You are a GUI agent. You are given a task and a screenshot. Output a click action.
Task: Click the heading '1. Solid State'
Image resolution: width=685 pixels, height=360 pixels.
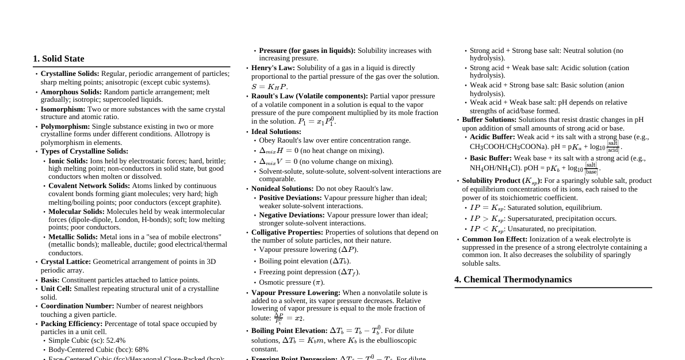(x=59, y=59)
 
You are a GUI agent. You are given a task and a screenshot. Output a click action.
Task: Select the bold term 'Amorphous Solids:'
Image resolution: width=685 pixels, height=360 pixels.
(x=71, y=92)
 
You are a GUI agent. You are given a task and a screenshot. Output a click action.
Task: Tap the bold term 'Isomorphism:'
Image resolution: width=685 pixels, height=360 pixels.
(x=63, y=109)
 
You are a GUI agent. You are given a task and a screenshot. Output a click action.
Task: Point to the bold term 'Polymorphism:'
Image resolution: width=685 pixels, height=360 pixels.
(x=65, y=127)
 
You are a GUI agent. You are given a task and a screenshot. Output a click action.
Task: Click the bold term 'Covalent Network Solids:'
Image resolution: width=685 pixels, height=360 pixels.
(x=89, y=186)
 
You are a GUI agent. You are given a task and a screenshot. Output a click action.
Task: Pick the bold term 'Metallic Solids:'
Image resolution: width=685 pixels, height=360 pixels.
(x=73, y=237)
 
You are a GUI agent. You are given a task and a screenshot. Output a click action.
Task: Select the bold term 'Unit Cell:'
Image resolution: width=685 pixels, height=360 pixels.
(x=56, y=289)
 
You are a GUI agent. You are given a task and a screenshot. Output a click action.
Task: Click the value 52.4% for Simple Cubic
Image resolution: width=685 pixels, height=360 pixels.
(x=115, y=340)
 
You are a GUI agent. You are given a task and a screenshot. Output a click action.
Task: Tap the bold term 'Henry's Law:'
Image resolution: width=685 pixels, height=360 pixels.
(x=273, y=68)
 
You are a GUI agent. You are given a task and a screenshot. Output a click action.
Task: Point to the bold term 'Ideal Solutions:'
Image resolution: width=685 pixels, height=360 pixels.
(x=276, y=132)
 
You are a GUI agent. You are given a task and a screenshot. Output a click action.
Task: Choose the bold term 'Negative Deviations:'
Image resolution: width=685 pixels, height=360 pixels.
(x=292, y=215)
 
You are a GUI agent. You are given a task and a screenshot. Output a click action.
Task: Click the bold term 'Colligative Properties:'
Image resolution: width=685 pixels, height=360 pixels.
(x=287, y=232)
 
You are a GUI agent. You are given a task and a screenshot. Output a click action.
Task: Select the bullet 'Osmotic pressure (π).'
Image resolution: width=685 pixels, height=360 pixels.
(x=292, y=282)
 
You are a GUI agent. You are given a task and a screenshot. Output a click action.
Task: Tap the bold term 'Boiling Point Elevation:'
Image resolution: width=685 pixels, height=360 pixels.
(x=289, y=331)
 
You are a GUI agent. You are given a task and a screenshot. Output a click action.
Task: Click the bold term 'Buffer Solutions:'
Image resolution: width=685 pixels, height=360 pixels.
(x=489, y=120)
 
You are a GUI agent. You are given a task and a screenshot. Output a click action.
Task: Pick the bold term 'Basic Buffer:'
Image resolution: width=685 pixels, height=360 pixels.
(x=491, y=158)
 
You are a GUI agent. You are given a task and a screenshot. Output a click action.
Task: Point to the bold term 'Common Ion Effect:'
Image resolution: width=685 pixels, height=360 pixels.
(x=494, y=239)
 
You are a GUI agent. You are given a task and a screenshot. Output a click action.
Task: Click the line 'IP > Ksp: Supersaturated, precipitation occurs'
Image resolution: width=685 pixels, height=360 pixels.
(x=543, y=219)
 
